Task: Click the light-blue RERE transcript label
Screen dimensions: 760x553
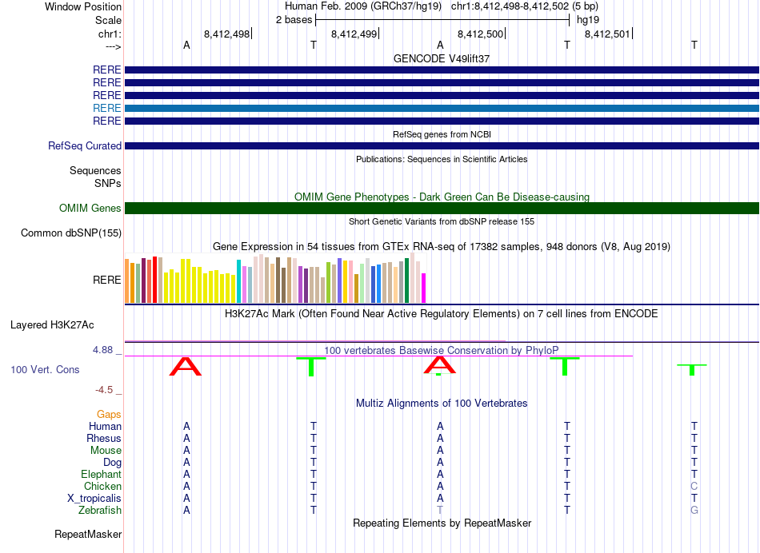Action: (106, 108)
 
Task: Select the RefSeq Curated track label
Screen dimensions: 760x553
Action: (85, 145)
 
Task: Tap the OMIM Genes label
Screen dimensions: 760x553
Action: (90, 209)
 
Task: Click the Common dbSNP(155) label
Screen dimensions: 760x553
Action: (71, 233)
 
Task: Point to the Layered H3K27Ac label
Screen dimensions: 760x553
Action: (52, 325)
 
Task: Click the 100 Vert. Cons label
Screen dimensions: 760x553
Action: (45, 369)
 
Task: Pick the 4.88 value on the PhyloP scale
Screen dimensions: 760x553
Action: (102, 349)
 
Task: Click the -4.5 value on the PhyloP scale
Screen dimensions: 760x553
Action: (104, 390)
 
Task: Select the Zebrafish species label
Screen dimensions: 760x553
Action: (100, 511)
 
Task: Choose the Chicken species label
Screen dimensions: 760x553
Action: (102, 486)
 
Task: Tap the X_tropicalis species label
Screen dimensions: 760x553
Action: (94, 499)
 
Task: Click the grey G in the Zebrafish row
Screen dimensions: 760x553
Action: (694, 511)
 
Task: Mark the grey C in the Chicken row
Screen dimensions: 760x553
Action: (694, 486)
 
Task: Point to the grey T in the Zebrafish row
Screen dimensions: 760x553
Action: (440, 511)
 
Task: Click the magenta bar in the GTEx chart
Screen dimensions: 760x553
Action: (424, 288)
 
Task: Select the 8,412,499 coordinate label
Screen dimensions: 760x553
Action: (354, 34)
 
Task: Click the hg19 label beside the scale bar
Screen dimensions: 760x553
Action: (588, 20)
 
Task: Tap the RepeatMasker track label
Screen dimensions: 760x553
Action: (88, 534)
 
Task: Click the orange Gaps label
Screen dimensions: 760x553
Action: (109, 414)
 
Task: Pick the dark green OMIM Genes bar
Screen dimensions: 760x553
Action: (442, 209)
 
